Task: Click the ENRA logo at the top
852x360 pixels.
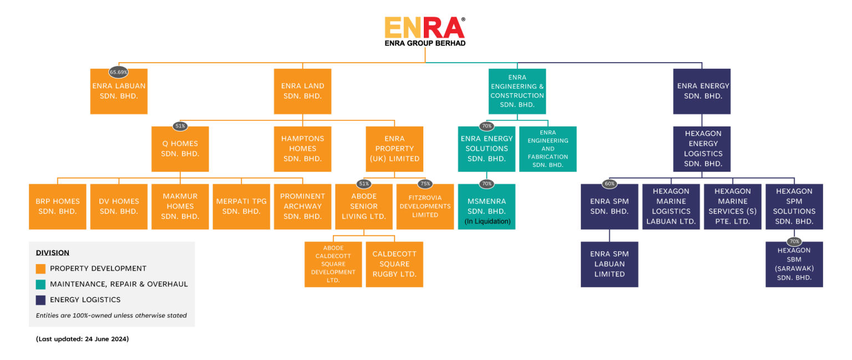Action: [x=424, y=28]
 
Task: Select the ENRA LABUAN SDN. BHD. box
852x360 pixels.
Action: [x=119, y=92]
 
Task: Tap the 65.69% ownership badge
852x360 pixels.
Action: [x=119, y=72]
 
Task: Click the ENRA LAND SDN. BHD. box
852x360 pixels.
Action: [x=302, y=92]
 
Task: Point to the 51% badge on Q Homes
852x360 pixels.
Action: [x=180, y=126]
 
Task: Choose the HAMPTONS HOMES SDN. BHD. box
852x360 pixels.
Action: [x=302, y=149]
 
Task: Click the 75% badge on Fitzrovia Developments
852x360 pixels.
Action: [x=425, y=184]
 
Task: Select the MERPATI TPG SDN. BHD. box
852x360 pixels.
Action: [x=241, y=206]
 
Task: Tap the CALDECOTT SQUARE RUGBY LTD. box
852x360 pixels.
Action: [x=394, y=264]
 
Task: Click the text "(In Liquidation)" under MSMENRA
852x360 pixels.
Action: [x=486, y=222]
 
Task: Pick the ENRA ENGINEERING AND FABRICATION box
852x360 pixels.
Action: [x=547, y=149]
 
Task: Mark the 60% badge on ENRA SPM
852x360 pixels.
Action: [x=610, y=184]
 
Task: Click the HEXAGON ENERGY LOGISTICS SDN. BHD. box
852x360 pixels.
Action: [x=702, y=149]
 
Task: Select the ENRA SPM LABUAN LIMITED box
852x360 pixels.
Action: [x=610, y=264]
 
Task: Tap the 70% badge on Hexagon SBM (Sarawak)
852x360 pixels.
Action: [x=794, y=241]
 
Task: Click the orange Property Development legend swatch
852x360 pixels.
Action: [x=40, y=268]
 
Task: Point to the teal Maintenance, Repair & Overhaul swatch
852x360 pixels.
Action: [x=40, y=284]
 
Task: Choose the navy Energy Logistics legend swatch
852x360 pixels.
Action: [x=40, y=300]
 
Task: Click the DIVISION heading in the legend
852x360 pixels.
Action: [x=53, y=253]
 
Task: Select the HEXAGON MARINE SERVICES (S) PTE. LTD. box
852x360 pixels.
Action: [x=732, y=206]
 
